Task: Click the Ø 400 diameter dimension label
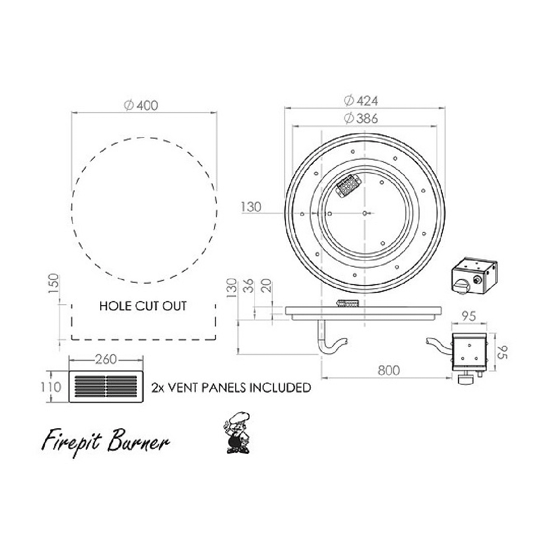pos(141,106)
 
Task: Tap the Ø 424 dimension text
pos(361,101)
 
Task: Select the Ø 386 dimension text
pos(361,118)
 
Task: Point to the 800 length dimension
pos(388,370)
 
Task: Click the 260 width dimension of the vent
pos(106,359)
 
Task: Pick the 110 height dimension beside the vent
pos(51,387)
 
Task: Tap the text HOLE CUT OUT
pos(143,306)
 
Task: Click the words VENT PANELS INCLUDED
pos(239,388)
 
